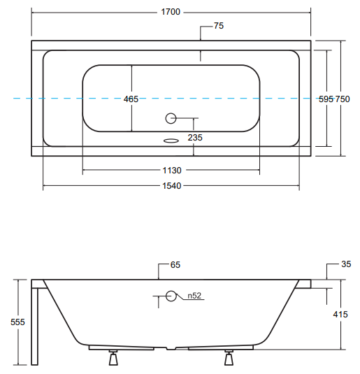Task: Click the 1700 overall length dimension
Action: pos(171,12)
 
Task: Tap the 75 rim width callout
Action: pos(219,26)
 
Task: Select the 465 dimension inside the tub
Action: pos(131,99)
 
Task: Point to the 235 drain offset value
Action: pos(195,138)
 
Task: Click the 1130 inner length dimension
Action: pos(172,171)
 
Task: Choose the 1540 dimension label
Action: pos(172,186)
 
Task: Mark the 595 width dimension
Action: pos(326,99)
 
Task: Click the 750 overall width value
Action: pos(343,99)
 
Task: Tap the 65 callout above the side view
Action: pos(175,265)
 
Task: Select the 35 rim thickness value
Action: pos(346,264)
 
